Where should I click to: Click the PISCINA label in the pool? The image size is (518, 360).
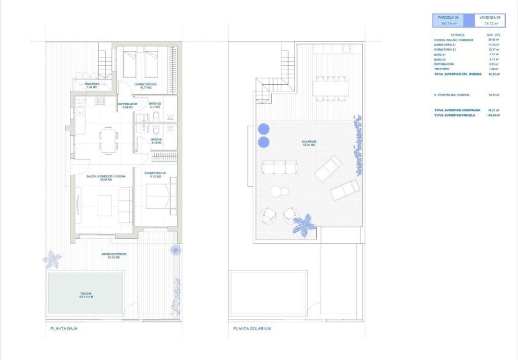tap(85, 294)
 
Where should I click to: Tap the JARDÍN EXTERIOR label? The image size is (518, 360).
tap(114, 255)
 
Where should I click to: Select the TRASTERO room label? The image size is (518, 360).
tap(92, 85)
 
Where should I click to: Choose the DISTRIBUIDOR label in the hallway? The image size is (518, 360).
tap(127, 105)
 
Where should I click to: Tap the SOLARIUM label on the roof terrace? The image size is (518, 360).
tap(309, 143)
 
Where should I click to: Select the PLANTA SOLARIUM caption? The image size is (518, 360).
tap(252, 328)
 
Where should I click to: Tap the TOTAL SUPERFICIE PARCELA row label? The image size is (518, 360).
tap(457, 116)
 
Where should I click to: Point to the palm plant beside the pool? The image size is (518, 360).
tap(51, 258)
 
